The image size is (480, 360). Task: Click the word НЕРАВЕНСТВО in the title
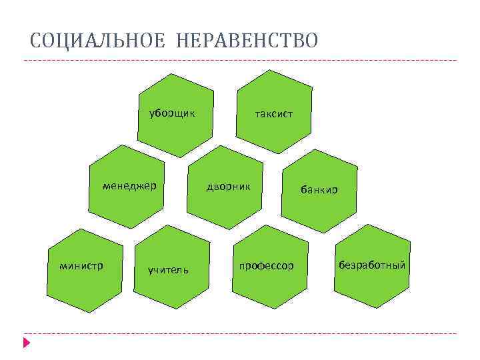tap(247, 41)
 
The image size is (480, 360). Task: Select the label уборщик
tap(171, 113)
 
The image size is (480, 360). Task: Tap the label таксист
tap(273, 114)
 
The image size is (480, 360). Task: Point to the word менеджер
tap(129, 186)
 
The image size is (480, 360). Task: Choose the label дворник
tap(229, 187)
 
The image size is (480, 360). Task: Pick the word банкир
tap(319, 190)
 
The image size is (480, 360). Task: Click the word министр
tap(81, 266)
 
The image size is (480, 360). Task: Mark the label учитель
tap(169, 270)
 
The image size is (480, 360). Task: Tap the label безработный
tap(372, 265)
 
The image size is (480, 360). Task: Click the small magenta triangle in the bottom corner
tap(26, 343)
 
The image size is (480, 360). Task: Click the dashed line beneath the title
tap(240, 61)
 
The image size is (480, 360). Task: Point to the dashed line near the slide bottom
tap(240, 333)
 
